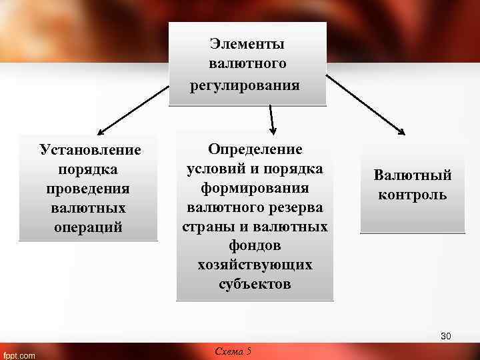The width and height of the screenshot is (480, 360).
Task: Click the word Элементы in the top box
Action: click(247, 44)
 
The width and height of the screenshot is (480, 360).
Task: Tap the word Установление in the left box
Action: click(90, 149)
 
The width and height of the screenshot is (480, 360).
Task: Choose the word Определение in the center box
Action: click(255, 149)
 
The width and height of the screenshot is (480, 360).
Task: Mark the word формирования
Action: click(255, 188)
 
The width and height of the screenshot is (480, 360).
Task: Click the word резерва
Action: click(296, 207)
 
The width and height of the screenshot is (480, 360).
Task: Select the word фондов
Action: click(255, 245)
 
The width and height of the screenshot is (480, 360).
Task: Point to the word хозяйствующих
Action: click(255, 265)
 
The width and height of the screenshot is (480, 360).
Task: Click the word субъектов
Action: click(255, 284)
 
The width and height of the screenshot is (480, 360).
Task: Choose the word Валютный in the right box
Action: click(413, 175)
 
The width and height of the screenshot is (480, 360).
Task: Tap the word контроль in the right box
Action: click(413, 195)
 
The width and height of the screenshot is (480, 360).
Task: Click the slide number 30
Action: click(445, 336)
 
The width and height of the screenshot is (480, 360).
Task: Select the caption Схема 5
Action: click(233, 351)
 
